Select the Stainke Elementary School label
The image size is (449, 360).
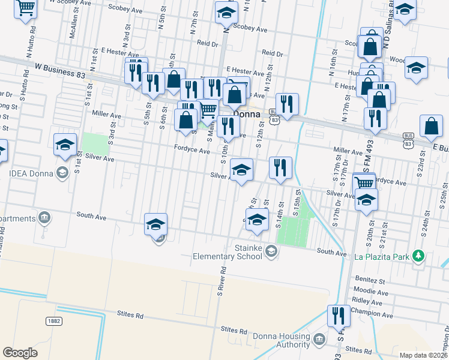227,252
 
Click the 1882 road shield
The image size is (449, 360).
54,321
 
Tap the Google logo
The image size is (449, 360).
20,352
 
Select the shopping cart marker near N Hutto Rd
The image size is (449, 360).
26,9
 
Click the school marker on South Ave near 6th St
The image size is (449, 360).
155,224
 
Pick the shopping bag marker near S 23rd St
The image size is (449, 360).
432,127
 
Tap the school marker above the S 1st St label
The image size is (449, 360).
65,145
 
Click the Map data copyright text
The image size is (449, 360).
423,355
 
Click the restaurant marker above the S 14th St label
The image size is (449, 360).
280,168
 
